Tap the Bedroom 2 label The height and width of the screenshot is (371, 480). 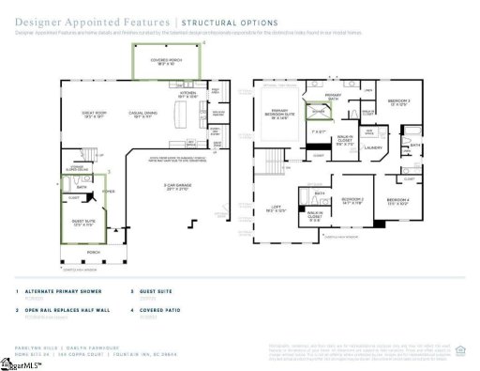coord(352,200)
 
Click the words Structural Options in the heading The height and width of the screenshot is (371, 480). coord(230,21)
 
